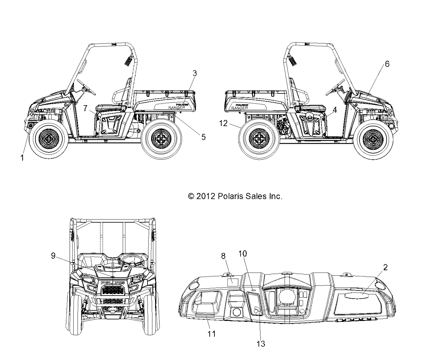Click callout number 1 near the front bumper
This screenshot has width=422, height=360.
22,158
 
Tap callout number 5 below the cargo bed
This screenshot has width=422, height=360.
203,137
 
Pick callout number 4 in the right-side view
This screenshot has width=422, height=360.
335,110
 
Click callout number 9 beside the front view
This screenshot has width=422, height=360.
53,256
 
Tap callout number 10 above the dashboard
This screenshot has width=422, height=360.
243,253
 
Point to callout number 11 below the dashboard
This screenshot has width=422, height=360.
212,333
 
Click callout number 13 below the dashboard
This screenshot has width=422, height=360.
261,344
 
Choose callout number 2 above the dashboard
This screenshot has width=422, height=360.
385,267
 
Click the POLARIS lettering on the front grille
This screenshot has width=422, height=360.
112,283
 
